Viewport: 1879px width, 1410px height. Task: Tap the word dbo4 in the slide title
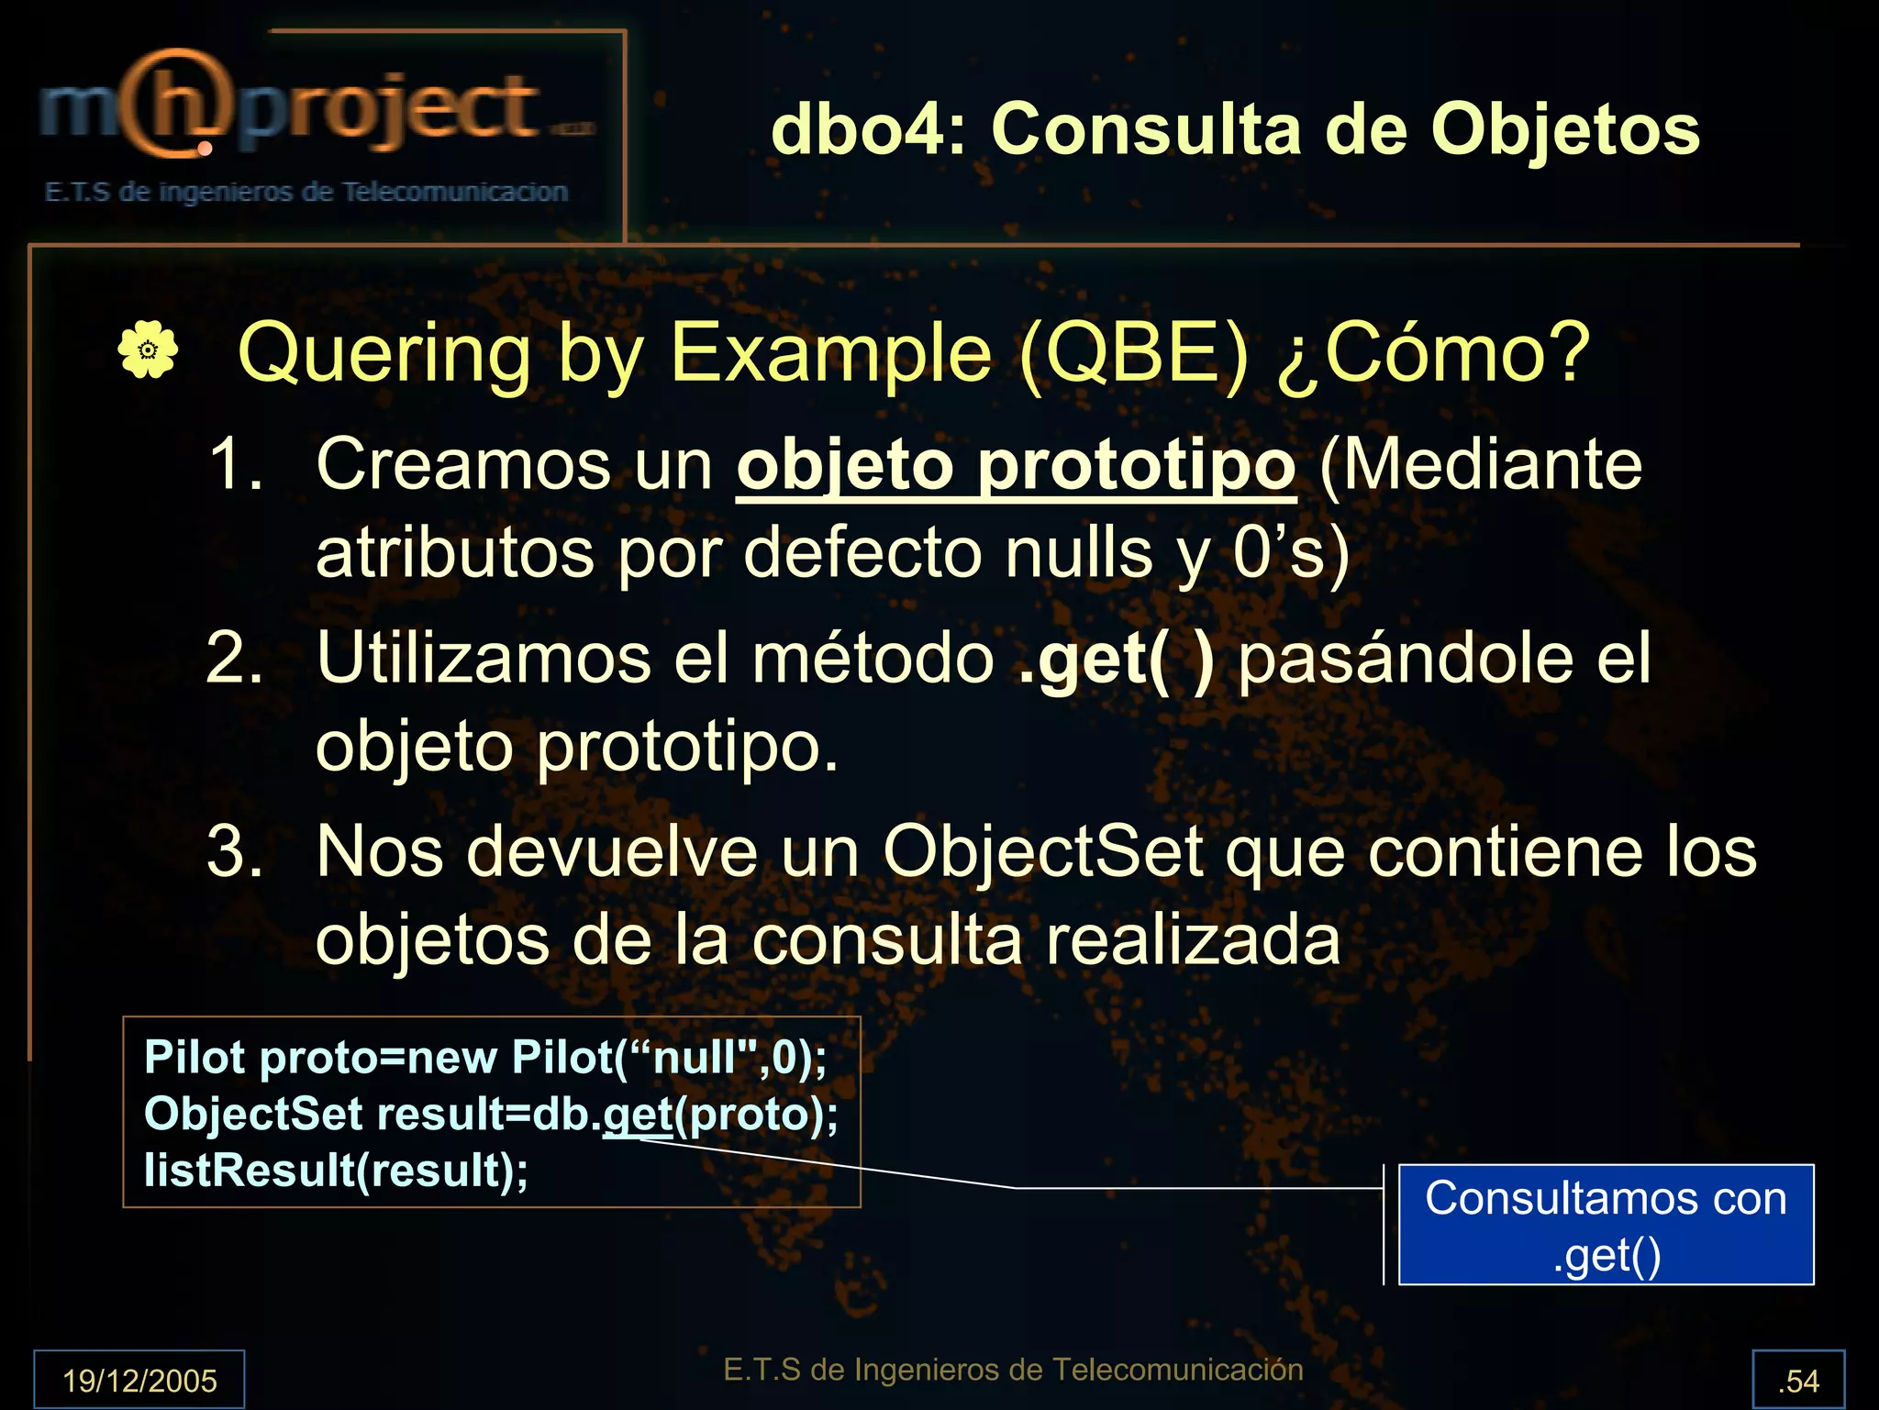click(x=858, y=129)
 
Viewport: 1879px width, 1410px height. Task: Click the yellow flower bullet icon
click(x=148, y=350)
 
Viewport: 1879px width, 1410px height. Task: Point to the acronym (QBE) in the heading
click(x=1134, y=353)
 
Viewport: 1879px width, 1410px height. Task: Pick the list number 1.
click(x=234, y=464)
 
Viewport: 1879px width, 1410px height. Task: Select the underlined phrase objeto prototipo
click(x=1016, y=466)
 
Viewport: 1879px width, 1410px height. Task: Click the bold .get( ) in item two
click(x=1117, y=659)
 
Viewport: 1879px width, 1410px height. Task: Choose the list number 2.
click(x=234, y=659)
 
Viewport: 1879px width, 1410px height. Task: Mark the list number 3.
click(x=234, y=852)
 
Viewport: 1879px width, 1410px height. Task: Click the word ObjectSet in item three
click(x=1042, y=852)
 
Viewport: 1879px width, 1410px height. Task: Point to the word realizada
click(x=1193, y=941)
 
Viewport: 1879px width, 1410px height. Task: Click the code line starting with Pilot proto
click(x=484, y=1058)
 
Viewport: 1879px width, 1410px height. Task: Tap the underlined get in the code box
click(x=638, y=1115)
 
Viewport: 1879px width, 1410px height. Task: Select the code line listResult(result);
click(x=336, y=1171)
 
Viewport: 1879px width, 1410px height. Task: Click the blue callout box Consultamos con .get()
click(x=1606, y=1225)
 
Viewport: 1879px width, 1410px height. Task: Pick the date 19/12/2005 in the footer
click(x=139, y=1380)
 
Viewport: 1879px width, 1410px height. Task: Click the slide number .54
click(x=1797, y=1380)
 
